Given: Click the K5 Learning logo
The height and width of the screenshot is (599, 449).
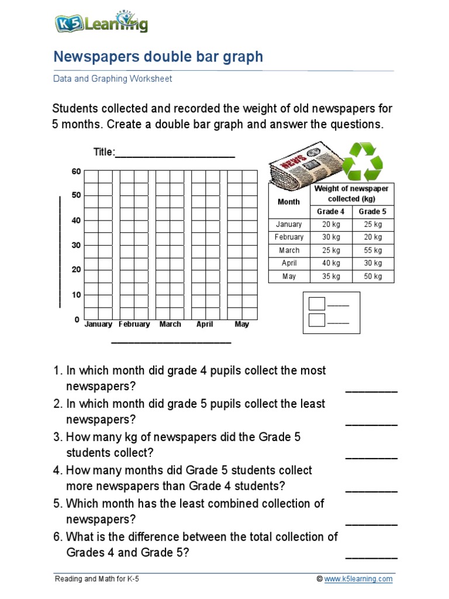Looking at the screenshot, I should coord(101,23).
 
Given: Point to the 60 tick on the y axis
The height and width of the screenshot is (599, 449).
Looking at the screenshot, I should coord(76,171).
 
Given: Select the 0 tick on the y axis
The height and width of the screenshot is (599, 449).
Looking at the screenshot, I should coord(77,320).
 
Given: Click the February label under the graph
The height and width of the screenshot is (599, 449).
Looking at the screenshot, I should coord(134,324).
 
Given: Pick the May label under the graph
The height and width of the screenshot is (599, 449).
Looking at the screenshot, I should coord(241,324).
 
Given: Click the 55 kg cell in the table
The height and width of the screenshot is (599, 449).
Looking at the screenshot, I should coord(372,250).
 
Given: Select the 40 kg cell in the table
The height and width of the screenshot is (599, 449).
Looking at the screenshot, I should coord(331,263).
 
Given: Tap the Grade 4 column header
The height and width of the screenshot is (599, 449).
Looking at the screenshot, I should coord(331,212).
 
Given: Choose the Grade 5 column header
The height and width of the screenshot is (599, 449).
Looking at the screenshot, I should coord(372,212).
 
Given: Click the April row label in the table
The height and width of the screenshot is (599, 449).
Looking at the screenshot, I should coord(289,263).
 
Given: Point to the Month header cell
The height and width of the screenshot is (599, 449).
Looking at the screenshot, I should coord(289,202).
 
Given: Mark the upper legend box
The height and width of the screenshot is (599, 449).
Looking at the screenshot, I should coord(317,304).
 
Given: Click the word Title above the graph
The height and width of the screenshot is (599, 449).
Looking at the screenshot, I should coord(104,152).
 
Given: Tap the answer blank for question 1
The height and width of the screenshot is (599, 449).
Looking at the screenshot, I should coord(371,388).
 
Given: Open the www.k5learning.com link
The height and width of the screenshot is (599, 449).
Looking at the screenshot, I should coord(358,579).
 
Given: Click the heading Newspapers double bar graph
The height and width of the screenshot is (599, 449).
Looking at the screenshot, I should coord(158,57).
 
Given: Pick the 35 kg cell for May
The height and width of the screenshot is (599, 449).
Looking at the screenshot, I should coord(331,276).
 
